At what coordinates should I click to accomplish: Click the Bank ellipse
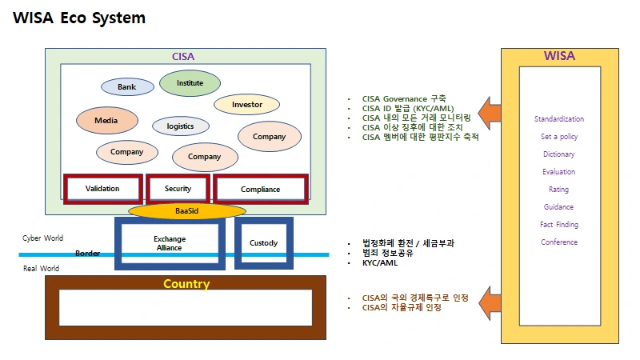pyautogui.click(x=127, y=87)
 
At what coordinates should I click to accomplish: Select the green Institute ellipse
pyautogui.click(x=190, y=83)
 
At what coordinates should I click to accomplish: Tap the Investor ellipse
pyautogui.click(x=247, y=105)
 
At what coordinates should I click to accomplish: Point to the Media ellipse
pyautogui.click(x=107, y=121)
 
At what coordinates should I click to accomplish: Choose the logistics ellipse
pyautogui.click(x=181, y=126)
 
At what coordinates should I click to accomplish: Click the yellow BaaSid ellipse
pyautogui.click(x=187, y=211)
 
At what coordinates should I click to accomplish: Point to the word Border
pyautogui.click(x=87, y=254)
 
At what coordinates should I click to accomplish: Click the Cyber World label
pyautogui.click(x=43, y=238)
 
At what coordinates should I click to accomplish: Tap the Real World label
pyautogui.click(x=42, y=269)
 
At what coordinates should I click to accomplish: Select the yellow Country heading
pyautogui.click(x=186, y=284)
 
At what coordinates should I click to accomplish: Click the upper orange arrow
pyautogui.click(x=490, y=113)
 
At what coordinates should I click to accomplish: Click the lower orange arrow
pyautogui.click(x=490, y=303)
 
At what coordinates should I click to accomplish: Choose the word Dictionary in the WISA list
pyautogui.click(x=558, y=154)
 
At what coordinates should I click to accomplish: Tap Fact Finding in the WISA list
pyautogui.click(x=559, y=225)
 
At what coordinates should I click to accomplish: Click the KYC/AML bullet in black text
pyautogui.click(x=380, y=263)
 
